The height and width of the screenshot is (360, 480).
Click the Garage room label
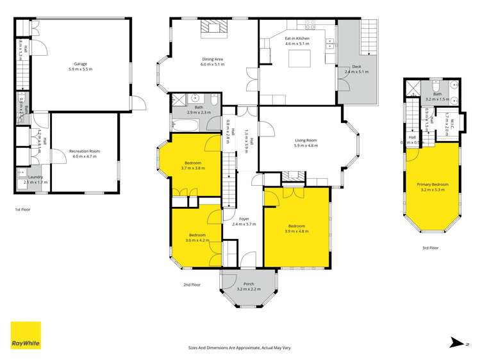pyautogui.click(x=80, y=66)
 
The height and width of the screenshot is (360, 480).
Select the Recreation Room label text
pyautogui.click(x=85, y=151)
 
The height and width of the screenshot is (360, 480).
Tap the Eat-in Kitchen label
pyautogui.click(x=297, y=39)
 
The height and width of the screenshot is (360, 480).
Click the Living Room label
pyautogui.click(x=306, y=140)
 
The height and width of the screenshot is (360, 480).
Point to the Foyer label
pyautogui.click(x=235, y=219)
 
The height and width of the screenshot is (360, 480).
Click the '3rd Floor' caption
pyautogui.click(x=430, y=247)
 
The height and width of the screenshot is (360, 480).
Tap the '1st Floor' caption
pyautogui.click(x=22, y=209)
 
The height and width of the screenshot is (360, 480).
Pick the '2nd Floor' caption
pyautogui.click(x=192, y=284)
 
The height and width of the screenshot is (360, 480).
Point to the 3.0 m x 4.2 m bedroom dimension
pyautogui.click(x=197, y=241)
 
